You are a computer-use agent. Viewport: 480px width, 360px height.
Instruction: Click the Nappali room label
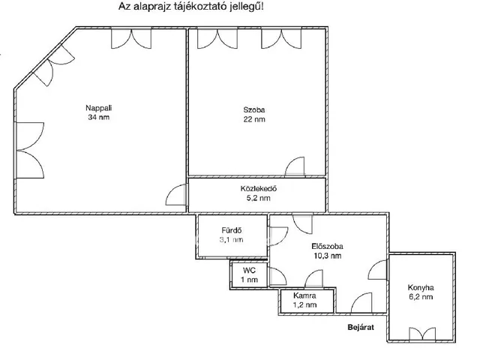click(98, 108)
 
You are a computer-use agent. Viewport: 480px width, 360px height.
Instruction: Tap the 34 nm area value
click(98, 117)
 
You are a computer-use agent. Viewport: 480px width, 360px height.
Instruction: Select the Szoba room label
click(254, 110)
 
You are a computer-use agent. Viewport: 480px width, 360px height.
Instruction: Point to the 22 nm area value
click(254, 119)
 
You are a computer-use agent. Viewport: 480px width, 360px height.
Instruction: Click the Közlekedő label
click(258, 188)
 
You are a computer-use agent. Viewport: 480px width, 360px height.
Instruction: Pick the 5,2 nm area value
click(258, 198)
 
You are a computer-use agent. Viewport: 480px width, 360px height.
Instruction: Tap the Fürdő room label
click(232, 230)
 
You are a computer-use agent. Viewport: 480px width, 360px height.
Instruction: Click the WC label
click(249, 270)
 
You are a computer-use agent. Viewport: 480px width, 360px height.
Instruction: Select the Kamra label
click(304, 295)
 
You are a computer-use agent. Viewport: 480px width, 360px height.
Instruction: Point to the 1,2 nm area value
click(304, 305)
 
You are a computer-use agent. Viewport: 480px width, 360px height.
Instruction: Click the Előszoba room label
click(327, 247)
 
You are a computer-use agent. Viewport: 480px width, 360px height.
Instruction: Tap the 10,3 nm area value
click(327, 256)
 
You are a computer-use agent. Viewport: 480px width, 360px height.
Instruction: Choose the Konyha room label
click(421, 288)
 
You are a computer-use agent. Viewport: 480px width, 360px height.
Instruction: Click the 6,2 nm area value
click(421, 297)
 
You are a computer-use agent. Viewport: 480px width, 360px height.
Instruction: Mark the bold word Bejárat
click(361, 327)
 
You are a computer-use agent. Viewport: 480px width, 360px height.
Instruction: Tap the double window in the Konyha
click(422, 334)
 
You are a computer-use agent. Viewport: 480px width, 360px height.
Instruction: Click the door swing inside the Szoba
click(294, 166)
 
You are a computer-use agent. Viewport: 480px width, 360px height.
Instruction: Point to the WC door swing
click(277, 277)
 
